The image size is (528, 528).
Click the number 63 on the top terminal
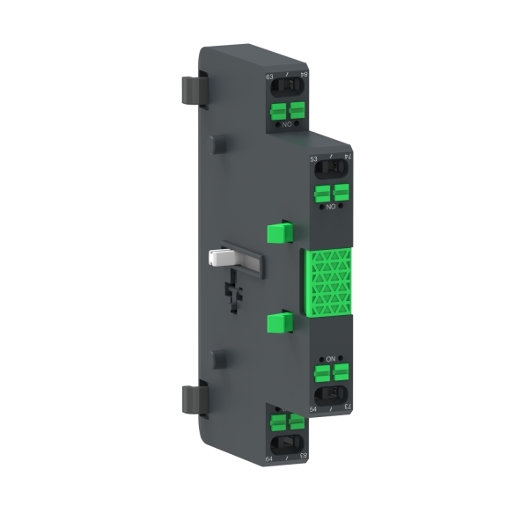coord(269,77)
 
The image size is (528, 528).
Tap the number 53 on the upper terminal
coord(313,159)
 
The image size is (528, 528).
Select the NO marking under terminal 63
coord(288,126)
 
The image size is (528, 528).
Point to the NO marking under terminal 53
coord(332,207)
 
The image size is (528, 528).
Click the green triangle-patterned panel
coord(328,282)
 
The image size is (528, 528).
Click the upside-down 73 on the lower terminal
coord(348,407)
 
